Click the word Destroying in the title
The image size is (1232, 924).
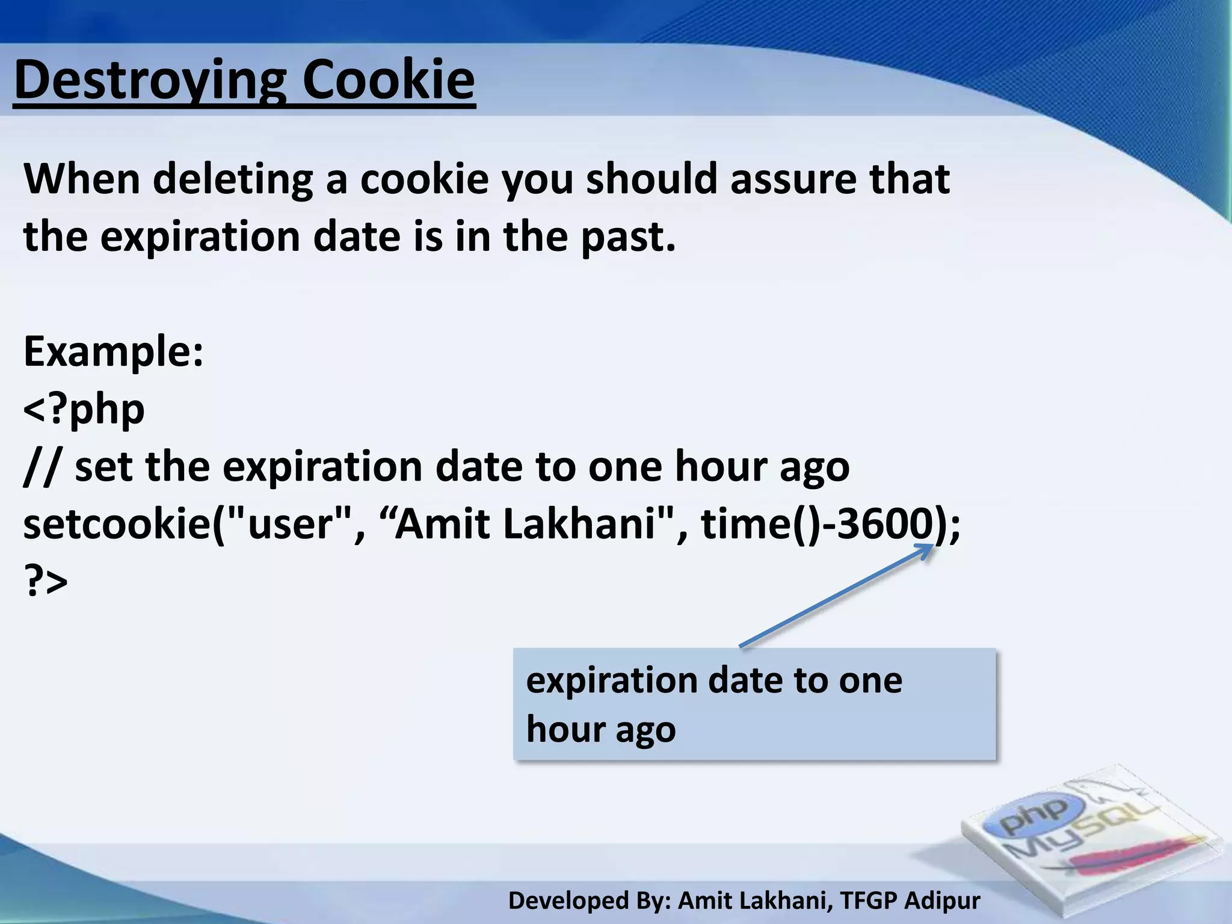[x=150, y=81]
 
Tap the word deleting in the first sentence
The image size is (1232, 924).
[x=233, y=179]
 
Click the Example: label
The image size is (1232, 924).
[x=114, y=351]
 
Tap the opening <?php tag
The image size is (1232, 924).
[x=84, y=409]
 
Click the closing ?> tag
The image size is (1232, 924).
[x=46, y=581]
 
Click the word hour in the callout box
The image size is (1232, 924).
[x=565, y=729]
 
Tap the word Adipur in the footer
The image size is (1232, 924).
[x=942, y=901]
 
